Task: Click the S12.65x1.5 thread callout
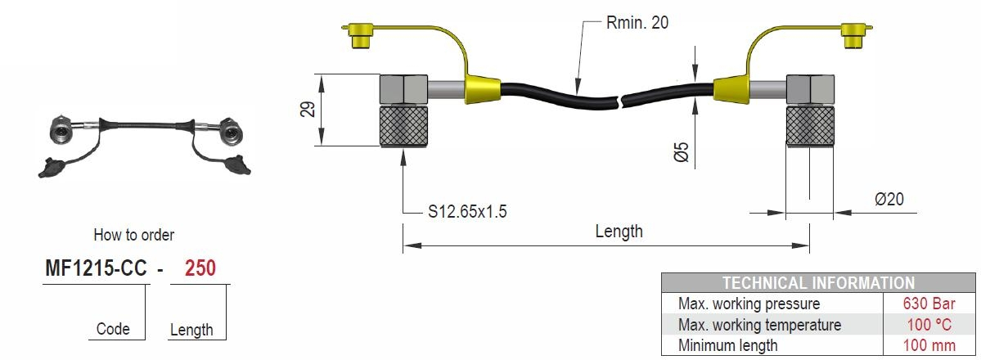tap(468, 212)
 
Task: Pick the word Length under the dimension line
tap(619, 231)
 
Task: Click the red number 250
tap(200, 268)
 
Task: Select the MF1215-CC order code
tap(94, 268)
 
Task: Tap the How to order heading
tap(134, 235)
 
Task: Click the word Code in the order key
tap(113, 329)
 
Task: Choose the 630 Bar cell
tap(930, 304)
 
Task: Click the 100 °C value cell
tap(930, 325)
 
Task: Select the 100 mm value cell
tap(930, 345)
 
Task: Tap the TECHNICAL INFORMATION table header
tap(818, 283)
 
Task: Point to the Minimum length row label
tap(728, 345)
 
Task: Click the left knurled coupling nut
tap(403, 126)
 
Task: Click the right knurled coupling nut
tap(809, 126)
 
